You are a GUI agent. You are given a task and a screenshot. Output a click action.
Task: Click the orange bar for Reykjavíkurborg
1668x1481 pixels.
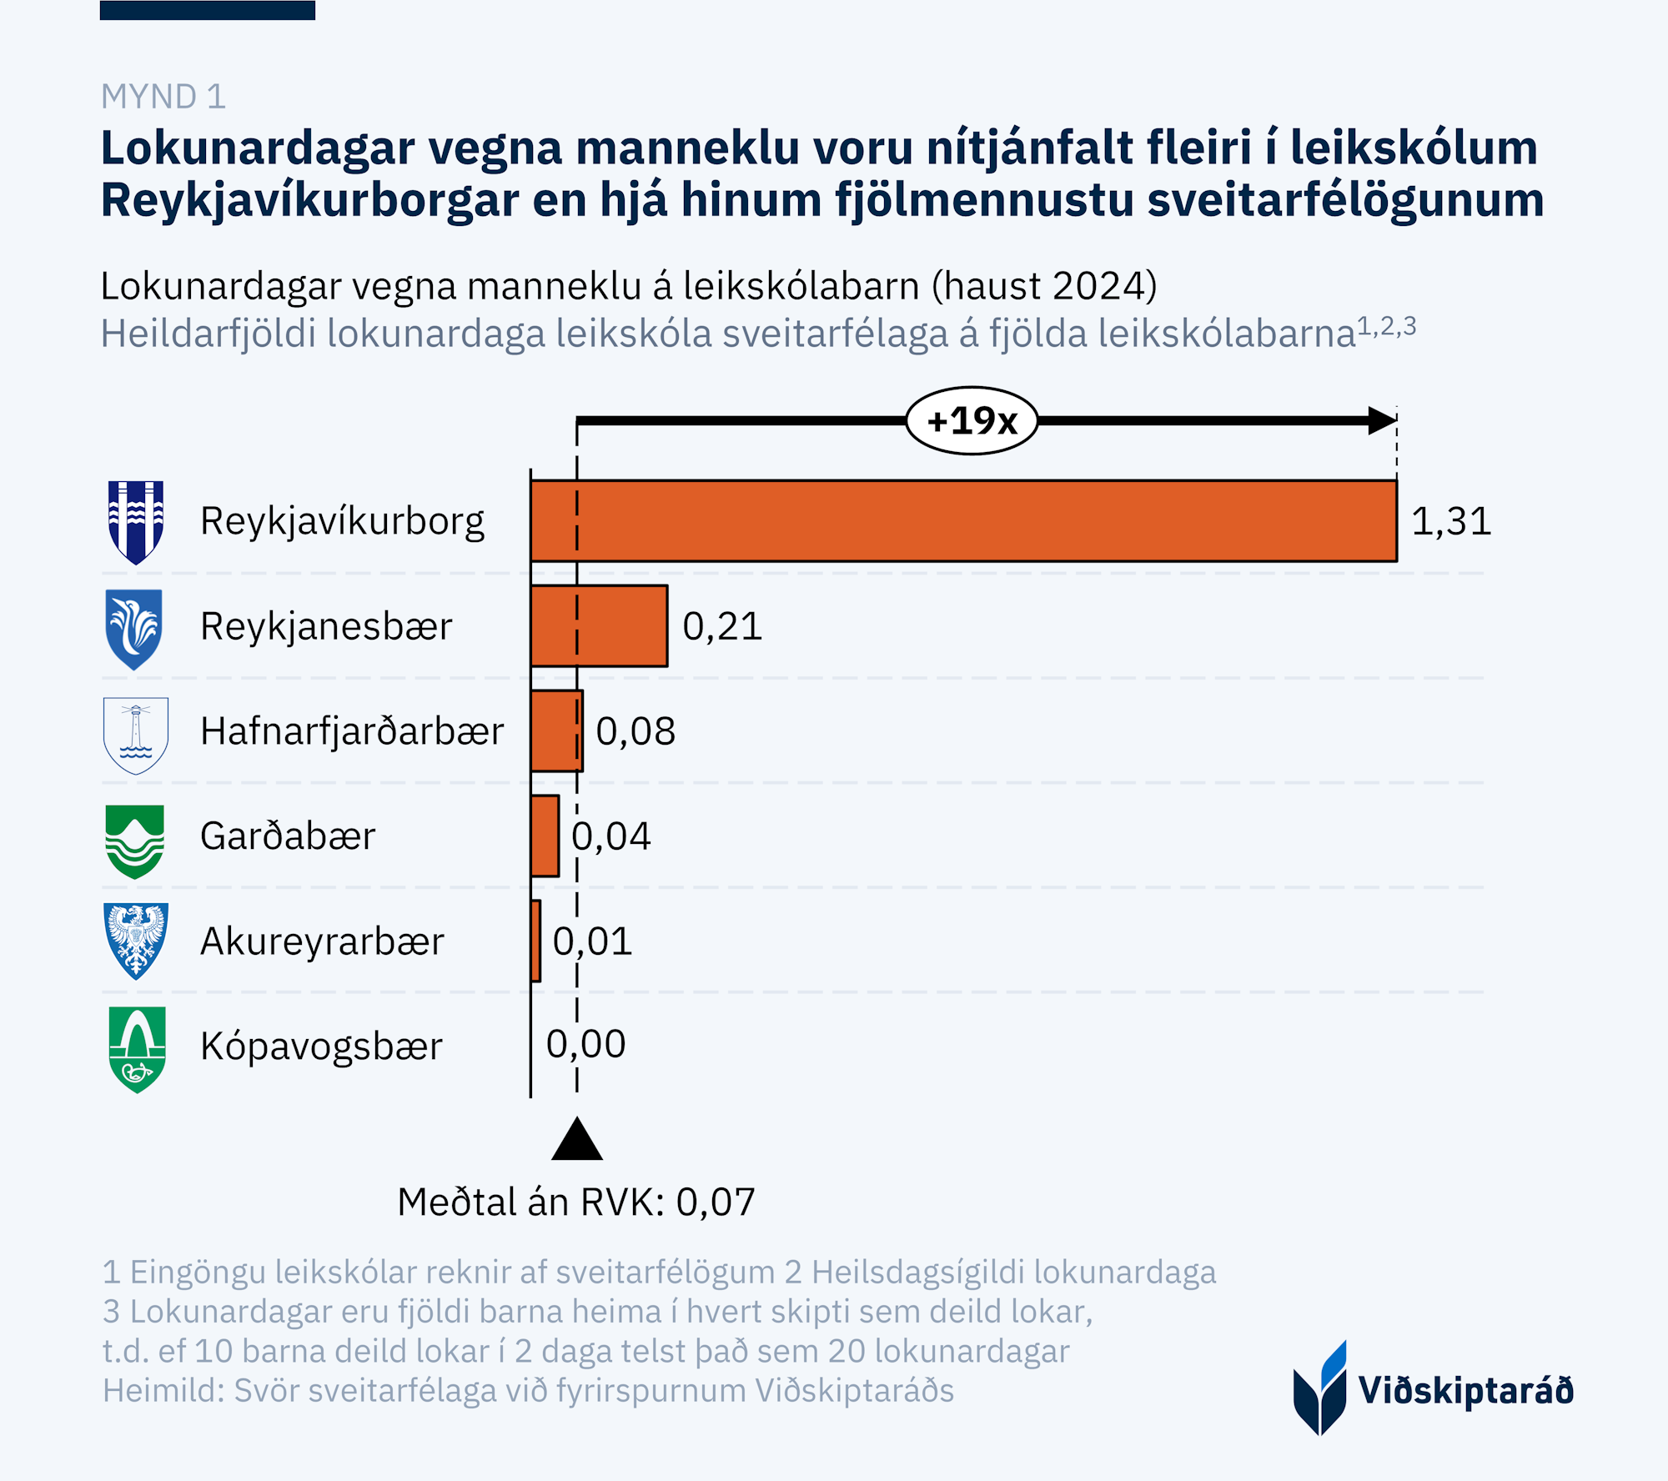(963, 521)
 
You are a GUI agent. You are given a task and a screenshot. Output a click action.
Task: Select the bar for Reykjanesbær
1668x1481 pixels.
(599, 626)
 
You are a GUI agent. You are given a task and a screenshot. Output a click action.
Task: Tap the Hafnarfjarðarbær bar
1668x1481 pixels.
(556, 730)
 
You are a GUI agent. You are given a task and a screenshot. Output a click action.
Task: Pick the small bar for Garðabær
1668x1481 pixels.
(545, 836)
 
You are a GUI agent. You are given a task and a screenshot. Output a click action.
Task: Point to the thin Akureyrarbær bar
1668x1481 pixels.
(535, 941)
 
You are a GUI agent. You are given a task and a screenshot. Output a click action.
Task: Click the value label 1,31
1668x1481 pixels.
(1451, 522)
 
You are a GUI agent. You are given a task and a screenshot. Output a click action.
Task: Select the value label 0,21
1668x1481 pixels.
(722, 626)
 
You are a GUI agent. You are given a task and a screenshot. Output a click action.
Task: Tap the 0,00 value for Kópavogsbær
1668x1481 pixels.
(585, 1044)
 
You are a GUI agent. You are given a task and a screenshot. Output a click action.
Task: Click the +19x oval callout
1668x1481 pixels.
(972, 420)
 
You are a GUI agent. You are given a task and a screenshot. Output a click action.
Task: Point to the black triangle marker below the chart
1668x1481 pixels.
(577, 1141)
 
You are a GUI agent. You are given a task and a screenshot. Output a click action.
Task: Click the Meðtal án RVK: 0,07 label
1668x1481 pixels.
(576, 1202)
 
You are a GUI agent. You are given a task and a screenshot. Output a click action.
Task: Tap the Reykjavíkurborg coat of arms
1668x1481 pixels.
(136, 522)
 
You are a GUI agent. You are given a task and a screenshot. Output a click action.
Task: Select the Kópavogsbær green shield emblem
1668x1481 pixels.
(138, 1048)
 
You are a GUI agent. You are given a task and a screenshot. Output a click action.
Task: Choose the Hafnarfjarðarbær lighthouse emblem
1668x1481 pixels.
(136, 735)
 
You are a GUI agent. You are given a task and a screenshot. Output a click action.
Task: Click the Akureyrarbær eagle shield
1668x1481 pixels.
(136, 940)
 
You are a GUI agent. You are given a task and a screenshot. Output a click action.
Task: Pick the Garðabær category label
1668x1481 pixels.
(288, 836)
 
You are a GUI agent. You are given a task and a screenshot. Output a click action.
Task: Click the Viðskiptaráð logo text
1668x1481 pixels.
(1465, 1391)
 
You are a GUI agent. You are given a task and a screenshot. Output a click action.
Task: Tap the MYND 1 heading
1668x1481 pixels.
(163, 97)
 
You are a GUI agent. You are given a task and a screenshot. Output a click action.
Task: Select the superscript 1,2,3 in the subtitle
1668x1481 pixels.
(1386, 326)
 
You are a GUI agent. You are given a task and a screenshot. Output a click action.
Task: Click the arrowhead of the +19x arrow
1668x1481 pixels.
(1383, 420)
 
